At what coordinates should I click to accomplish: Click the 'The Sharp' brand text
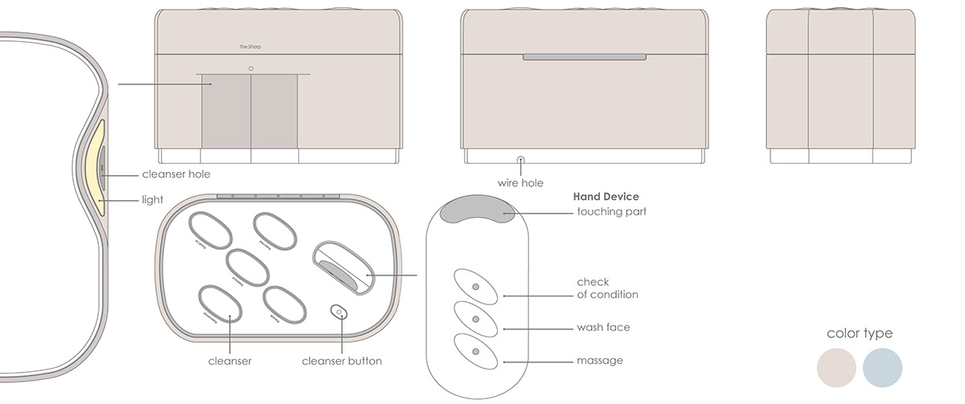point(250,47)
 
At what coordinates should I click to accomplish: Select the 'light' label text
point(153,199)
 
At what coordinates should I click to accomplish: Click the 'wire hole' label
point(520,183)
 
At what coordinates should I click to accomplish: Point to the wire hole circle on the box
point(520,161)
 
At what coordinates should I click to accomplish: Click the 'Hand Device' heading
point(606,196)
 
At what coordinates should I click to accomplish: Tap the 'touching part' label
point(611,212)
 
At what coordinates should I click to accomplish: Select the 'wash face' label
point(603,328)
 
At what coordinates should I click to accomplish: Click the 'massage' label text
point(600,361)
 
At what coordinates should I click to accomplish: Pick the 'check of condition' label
point(607,288)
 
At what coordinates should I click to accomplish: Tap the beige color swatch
point(836,368)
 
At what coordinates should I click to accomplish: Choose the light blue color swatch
point(882,368)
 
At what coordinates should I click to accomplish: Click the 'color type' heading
point(859,333)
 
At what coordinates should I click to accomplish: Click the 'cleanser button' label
point(342,361)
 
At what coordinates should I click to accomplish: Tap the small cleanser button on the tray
point(339,312)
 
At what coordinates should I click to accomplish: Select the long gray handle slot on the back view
point(585,58)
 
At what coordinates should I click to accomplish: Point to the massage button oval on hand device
point(474,352)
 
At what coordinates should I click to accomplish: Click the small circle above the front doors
point(251,68)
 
